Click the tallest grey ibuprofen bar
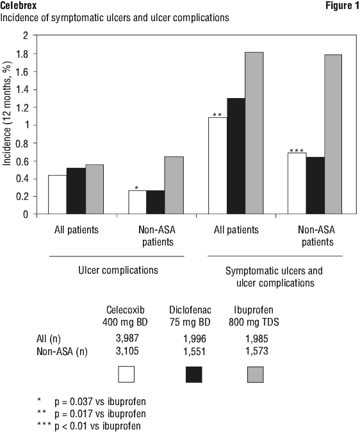pos(254,133)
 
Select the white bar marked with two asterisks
pos(218,166)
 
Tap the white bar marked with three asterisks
pos(297,183)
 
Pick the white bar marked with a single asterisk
pos(138,203)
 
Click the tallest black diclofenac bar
pos(236,156)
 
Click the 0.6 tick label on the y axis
pos(22,161)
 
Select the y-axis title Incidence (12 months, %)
pos(7,113)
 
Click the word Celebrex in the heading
pos(19,5)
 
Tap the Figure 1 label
pos(342,5)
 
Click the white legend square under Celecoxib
pos(126,374)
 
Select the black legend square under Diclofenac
pos(194,374)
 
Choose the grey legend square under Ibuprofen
pos(256,374)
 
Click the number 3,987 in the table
pos(127,338)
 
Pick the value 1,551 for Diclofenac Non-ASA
pos(195,351)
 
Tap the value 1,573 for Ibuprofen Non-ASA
pos(257,351)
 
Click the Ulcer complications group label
pos(118,270)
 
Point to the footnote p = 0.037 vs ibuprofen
pos(100,402)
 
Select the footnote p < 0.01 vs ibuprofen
pos(97,426)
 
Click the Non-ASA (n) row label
pos(62,351)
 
